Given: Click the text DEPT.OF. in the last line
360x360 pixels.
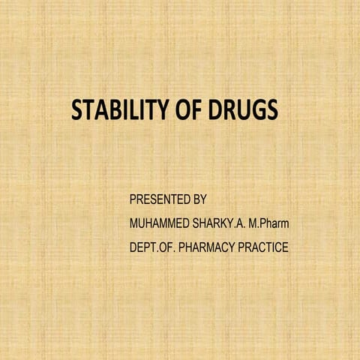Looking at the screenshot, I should tap(149, 247).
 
